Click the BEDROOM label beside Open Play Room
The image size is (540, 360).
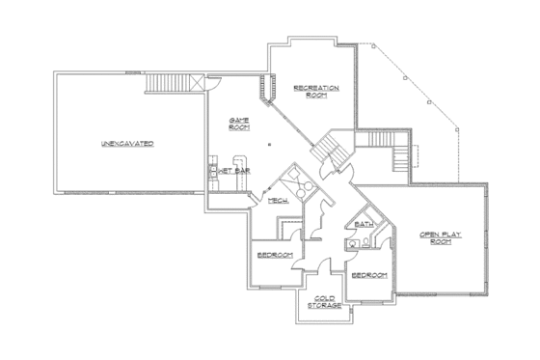tap(369, 275)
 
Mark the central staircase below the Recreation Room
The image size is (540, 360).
tap(333, 150)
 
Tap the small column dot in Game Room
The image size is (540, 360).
tap(270, 143)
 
